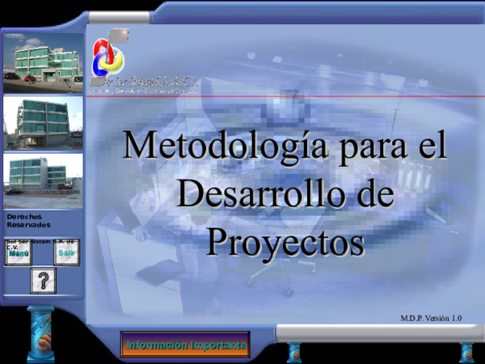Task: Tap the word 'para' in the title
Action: pos(368,147)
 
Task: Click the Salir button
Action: pos(66,253)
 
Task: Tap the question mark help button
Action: pos(43,281)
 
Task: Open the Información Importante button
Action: pos(185,345)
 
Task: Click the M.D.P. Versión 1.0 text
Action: pos(431,318)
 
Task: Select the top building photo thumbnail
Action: pos(43,61)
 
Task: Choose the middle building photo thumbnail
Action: pos(43,122)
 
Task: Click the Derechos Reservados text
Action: pos(27,221)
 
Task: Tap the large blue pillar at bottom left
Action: pos(41,335)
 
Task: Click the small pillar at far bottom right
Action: pos(467,351)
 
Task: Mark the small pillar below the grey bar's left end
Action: pos(294,351)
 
